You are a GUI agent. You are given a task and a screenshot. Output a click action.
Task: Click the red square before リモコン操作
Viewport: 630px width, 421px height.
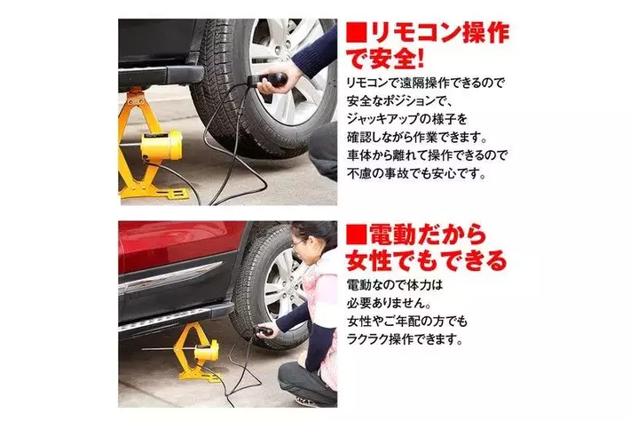click(356, 34)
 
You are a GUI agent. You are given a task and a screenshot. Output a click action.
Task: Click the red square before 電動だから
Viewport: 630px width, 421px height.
click(356, 235)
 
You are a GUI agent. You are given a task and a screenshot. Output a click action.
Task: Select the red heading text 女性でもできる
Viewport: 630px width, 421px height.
click(426, 260)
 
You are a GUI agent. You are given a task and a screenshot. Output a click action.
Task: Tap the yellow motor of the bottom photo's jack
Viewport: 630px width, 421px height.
click(207, 351)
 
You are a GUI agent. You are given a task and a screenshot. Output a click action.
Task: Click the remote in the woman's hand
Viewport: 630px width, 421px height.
click(264, 331)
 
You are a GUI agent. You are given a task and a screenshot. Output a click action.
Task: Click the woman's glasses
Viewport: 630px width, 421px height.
click(298, 242)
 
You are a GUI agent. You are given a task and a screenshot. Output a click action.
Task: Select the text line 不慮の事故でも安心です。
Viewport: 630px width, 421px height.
click(417, 174)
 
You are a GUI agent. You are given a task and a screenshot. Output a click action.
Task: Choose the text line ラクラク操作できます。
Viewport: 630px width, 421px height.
click(405, 339)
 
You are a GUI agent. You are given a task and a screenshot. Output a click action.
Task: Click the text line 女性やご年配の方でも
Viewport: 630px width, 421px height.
click(407, 322)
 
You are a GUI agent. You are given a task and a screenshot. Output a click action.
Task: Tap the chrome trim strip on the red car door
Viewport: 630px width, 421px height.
click(170, 276)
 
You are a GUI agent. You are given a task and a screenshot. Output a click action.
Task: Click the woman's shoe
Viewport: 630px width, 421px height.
click(306, 401)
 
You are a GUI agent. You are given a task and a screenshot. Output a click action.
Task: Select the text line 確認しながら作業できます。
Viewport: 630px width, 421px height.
click(417, 138)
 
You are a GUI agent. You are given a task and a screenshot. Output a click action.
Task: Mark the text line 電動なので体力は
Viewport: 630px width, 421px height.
click(395, 285)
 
